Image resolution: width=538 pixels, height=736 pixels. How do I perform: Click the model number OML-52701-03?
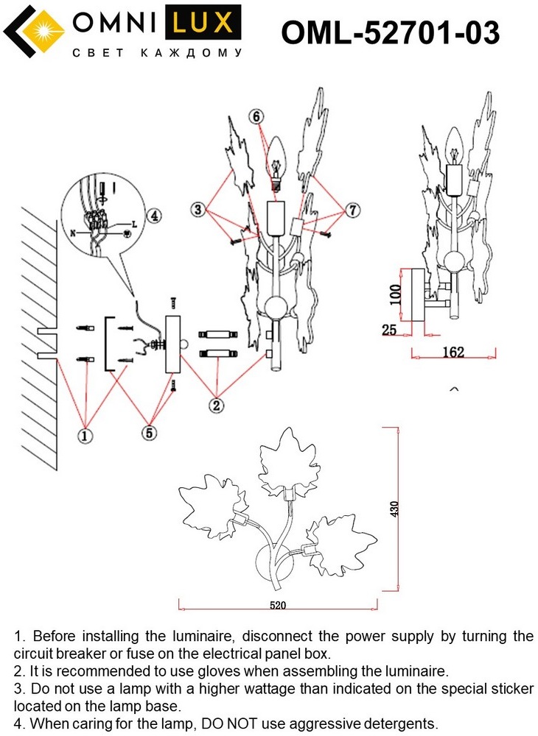click(390, 32)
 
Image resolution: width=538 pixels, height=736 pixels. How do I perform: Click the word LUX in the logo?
click(203, 23)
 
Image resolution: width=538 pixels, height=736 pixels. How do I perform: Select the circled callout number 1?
click(85, 436)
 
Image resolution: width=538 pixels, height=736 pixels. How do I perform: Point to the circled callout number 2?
click(216, 405)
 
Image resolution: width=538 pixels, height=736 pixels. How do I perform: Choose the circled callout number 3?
click(198, 209)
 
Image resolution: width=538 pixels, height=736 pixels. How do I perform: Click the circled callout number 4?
click(154, 216)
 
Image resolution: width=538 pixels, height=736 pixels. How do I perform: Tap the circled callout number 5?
click(150, 432)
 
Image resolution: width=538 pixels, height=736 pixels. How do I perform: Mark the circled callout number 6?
click(256, 116)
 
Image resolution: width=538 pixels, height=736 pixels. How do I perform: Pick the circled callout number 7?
click(353, 210)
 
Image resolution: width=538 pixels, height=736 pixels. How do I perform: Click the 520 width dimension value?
click(278, 605)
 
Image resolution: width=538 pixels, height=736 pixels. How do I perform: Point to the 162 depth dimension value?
click(453, 352)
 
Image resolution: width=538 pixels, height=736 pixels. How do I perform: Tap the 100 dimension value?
click(396, 294)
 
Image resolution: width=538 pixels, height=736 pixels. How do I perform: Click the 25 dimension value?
click(389, 330)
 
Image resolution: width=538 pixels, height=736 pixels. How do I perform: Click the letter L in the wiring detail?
click(134, 224)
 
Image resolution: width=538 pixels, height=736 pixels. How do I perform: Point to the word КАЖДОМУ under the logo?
click(191, 53)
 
